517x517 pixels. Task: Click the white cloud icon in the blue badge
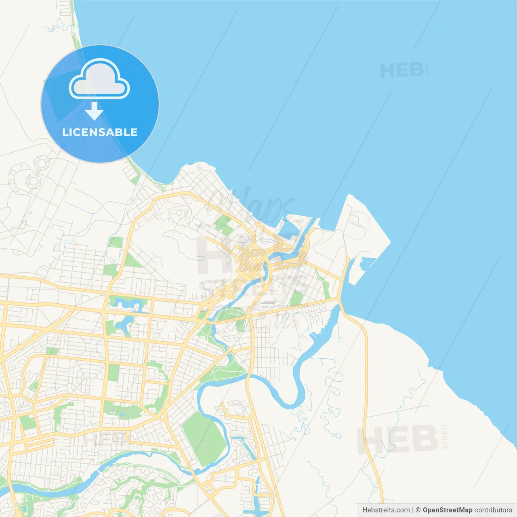pyautogui.click(x=99, y=79)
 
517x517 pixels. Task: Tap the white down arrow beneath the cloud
pyautogui.click(x=94, y=111)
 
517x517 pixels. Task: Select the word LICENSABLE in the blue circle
pyautogui.click(x=100, y=132)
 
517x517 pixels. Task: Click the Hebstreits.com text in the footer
pyautogui.click(x=386, y=510)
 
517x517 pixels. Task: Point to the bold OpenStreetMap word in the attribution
pyautogui.click(x=448, y=510)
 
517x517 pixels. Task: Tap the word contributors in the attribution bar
pyautogui.click(x=493, y=510)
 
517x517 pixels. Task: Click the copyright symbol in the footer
pyautogui.click(x=418, y=510)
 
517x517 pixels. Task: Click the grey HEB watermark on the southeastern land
pyautogui.click(x=398, y=439)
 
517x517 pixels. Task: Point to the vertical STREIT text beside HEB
pyautogui.click(x=445, y=436)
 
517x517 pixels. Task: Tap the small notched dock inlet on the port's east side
pyautogui.click(x=366, y=265)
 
